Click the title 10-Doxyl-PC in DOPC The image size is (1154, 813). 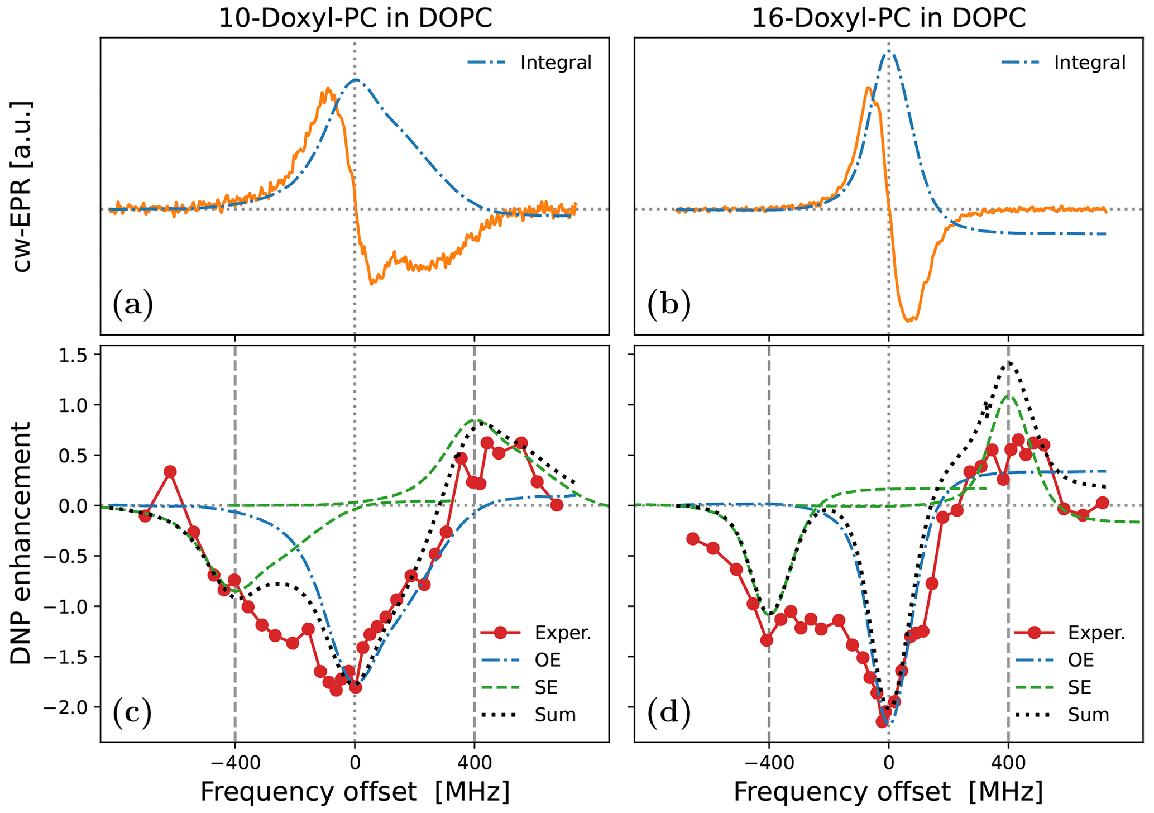point(355,18)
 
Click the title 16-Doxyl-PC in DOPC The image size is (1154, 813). point(888,18)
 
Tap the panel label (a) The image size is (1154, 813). point(132,305)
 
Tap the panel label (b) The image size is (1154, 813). point(668,305)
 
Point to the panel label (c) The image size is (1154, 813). point(132,714)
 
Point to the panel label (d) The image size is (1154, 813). point(668,714)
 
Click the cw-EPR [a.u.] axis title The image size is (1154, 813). point(22,187)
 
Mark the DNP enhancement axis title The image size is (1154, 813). point(22,543)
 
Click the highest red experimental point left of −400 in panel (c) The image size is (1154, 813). point(170,472)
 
